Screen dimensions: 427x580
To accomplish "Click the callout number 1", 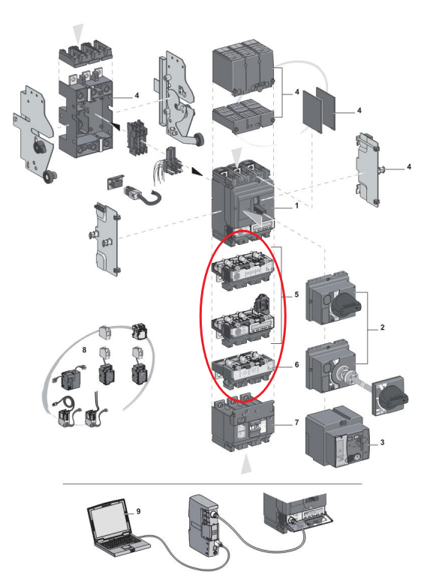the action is (296, 205).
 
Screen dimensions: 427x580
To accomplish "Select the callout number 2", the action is (382, 327).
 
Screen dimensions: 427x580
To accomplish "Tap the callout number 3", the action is (382, 442).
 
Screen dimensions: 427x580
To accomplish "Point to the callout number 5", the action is (296, 294).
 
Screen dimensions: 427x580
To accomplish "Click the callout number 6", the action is (296, 364).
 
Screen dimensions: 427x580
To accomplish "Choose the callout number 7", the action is (296, 422).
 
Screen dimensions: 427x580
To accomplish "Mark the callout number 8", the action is (84, 349).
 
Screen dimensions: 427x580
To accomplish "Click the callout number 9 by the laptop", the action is (138, 511).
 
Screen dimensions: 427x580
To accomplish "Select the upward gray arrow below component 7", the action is (246, 464).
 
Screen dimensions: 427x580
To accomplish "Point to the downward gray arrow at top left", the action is (78, 33).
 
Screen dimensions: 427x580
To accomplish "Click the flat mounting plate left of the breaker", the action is (107, 239).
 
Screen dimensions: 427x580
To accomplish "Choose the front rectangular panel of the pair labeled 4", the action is (313, 112).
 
